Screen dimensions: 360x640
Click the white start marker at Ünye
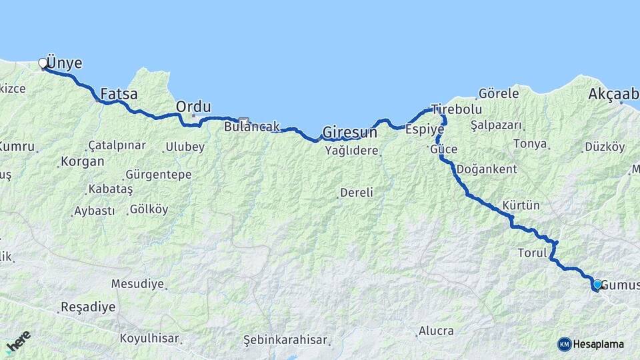(43, 63)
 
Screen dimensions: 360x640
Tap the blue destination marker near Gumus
(597, 284)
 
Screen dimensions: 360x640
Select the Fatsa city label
(119, 94)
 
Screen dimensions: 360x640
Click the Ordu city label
(193, 107)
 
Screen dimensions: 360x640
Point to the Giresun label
(349, 131)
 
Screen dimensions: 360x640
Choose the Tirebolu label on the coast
(456, 109)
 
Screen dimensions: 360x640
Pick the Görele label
(499, 94)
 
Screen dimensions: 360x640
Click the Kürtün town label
(521, 205)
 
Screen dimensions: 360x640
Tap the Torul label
(532, 253)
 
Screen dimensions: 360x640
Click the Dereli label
(357, 193)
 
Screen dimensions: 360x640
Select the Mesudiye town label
(137, 284)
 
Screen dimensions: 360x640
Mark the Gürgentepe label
(158, 175)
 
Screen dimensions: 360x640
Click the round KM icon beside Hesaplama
(565, 344)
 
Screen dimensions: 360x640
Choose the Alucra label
(436, 331)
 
